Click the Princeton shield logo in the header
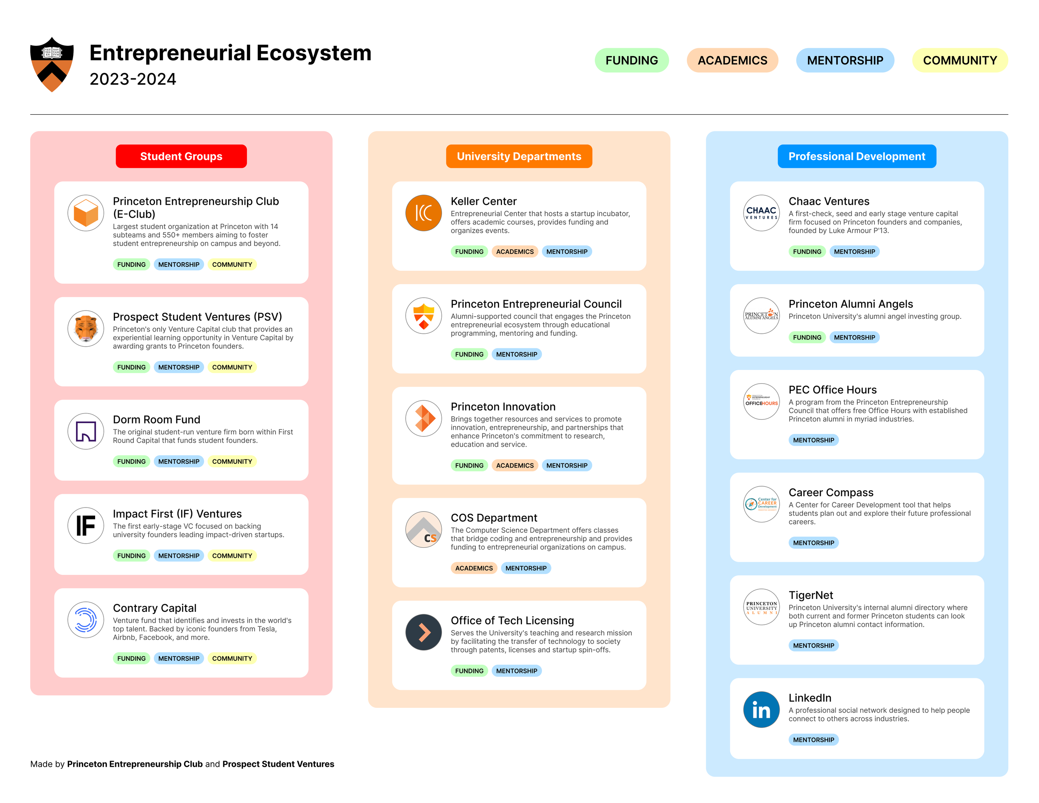click(52, 64)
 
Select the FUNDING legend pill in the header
click(631, 60)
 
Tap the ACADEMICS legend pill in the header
click(732, 60)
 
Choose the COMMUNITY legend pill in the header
click(960, 60)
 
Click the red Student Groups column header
click(181, 157)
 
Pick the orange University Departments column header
click(519, 157)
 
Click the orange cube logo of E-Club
click(86, 213)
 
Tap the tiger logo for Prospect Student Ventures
click(86, 329)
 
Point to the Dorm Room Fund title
click(157, 419)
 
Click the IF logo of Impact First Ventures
click(86, 526)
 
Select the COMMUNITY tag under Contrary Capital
click(231, 658)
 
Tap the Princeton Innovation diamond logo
click(423, 419)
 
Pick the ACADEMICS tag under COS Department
click(473, 568)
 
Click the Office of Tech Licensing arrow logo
click(423, 632)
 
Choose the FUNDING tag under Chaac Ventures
click(807, 251)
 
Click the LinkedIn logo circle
click(761, 710)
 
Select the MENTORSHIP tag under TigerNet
click(813, 645)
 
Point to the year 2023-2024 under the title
click(133, 79)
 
